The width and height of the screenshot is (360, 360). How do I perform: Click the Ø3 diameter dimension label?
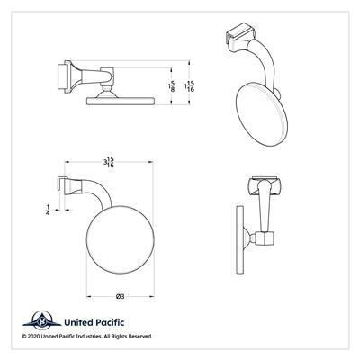120,296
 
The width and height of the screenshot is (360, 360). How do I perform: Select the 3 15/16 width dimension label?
109,162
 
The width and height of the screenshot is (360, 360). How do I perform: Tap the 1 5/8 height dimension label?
172,86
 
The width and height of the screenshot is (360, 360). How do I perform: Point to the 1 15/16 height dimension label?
189,86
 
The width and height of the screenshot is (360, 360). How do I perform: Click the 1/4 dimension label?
48,210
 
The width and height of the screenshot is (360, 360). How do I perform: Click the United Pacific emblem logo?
42,320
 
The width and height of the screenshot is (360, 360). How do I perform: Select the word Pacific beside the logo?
109,322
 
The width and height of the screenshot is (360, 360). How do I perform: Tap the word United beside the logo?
78,322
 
